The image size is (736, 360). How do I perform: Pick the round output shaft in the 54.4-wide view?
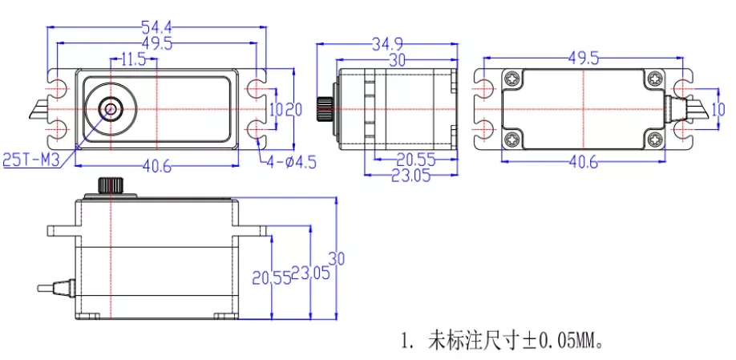point(110,108)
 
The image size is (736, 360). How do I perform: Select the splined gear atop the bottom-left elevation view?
point(110,186)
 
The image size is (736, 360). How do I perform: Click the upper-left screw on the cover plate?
point(512,78)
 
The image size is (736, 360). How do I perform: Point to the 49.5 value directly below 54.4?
point(156,43)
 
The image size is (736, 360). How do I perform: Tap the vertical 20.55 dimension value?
point(269,277)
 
